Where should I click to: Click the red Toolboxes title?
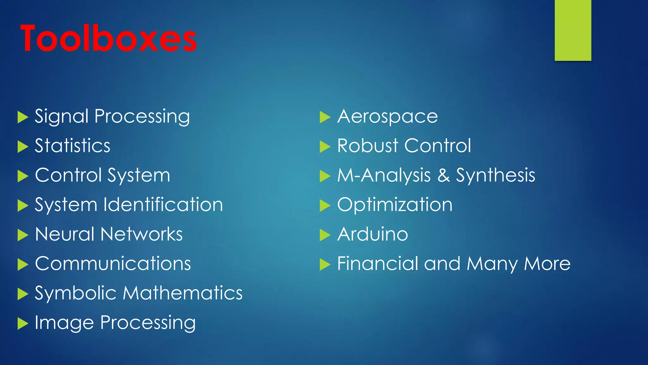pyautogui.click(x=109, y=39)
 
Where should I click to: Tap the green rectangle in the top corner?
pyautogui.click(x=573, y=30)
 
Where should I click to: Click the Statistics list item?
pyautogui.click(x=72, y=146)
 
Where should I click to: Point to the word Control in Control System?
pyautogui.click(x=68, y=175)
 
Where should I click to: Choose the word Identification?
pyautogui.click(x=163, y=205)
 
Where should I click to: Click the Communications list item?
pyautogui.click(x=113, y=264)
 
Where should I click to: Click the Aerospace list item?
pyautogui.click(x=388, y=116)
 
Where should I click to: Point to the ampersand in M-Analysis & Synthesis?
pyautogui.click(x=444, y=175)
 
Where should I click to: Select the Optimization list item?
pyautogui.click(x=395, y=205)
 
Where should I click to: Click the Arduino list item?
pyautogui.click(x=373, y=234)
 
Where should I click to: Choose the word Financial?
pyautogui.click(x=378, y=264)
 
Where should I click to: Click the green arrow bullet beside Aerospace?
pyautogui.click(x=325, y=117)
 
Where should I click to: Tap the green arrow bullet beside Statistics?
pyautogui.click(x=22, y=147)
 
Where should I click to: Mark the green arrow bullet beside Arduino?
pyautogui.click(x=325, y=235)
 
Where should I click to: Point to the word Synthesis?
pyautogui.click(x=495, y=175)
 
